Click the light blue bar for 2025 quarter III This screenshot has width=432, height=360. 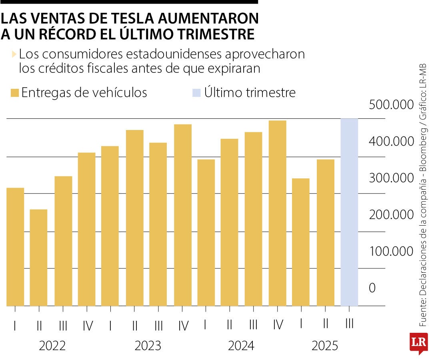pos(349,212)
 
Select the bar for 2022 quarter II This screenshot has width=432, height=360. pos(38,258)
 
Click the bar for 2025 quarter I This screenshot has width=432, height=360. pos(301,242)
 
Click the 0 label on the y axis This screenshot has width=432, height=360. pos(372,288)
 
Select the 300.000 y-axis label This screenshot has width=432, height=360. pos(391,178)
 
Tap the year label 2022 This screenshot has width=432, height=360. pos(52,346)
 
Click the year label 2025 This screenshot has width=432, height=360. pos(325,346)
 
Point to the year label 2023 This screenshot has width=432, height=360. pos(148,346)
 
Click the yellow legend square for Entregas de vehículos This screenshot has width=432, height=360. pos(15,93)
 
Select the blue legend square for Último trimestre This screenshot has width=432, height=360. pos(196,93)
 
